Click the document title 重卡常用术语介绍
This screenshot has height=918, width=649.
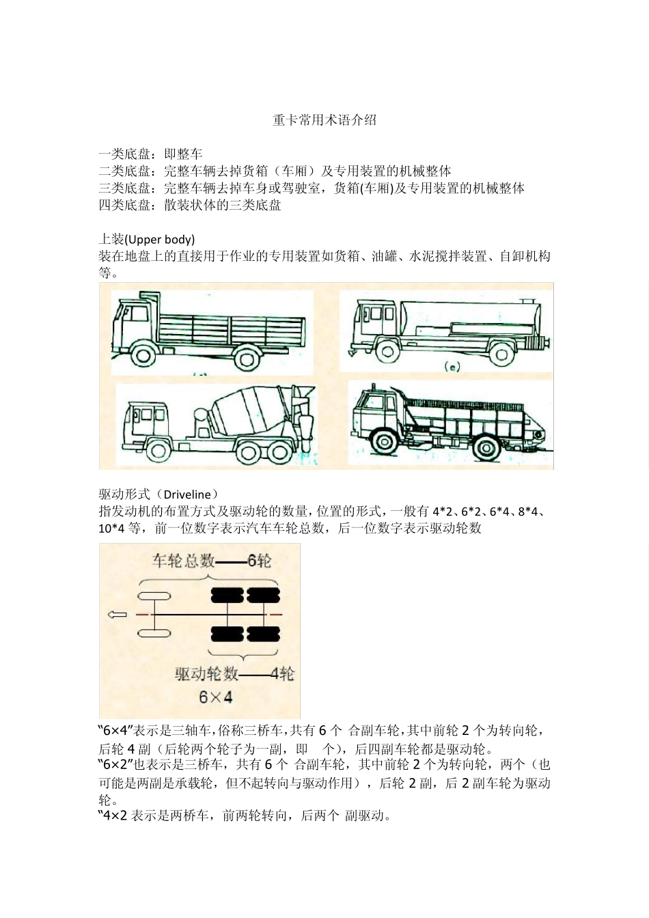(x=324, y=120)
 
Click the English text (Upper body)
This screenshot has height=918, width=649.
(x=159, y=240)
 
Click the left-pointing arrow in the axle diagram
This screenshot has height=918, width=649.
(x=118, y=615)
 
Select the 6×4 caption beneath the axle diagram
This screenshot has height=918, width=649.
(x=216, y=697)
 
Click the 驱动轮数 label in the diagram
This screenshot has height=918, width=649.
(x=207, y=674)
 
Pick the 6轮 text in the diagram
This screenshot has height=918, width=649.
(x=259, y=561)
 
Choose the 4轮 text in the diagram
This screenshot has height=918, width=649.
(x=282, y=674)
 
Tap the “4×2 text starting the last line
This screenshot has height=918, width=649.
(x=113, y=816)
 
